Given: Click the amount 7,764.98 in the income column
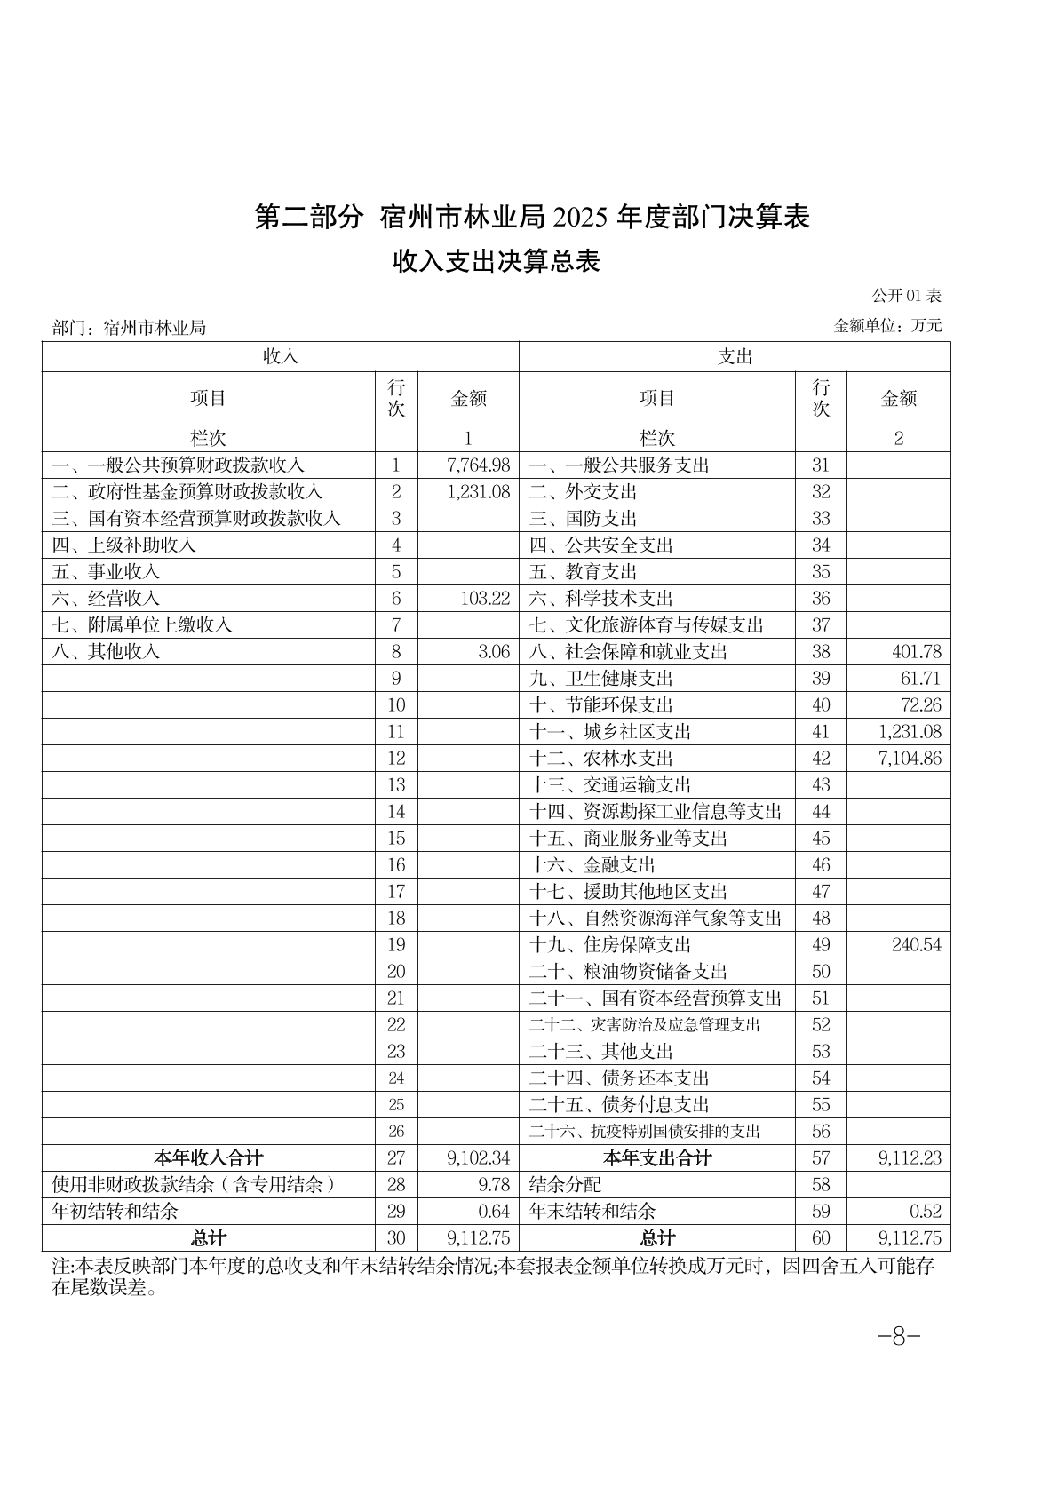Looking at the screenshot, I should pyautogui.click(x=478, y=465).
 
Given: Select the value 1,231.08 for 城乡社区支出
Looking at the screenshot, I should pyautogui.click(x=907, y=732).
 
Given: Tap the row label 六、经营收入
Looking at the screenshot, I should pyautogui.click(x=106, y=599).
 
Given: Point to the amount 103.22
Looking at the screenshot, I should pyautogui.click(x=485, y=599).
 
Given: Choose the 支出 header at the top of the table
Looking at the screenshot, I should pyautogui.click(x=735, y=356).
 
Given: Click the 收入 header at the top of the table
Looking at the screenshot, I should pyautogui.click(x=280, y=356).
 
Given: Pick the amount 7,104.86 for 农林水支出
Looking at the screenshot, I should pyautogui.click(x=907, y=759).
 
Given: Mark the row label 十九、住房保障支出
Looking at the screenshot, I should pyautogui.click(x=610, y=945).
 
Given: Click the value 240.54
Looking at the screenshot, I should pyautogui.click(x=916, y=945).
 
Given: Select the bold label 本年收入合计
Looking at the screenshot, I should pyautogui.click(x=209, y=1158).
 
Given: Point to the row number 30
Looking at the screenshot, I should pyautogui.click(x=396, y=1238).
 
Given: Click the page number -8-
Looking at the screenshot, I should pyautogui.click(x=898, y=1336).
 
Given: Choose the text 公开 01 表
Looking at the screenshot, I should pyautogui.click(x=906, y=296).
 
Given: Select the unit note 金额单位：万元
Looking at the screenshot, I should pyautogui.click(x=888, y=326).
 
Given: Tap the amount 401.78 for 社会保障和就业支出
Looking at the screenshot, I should pyautogui.click(x=916, y=652).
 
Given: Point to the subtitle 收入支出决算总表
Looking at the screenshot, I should pyautogui.click(x=497, y=261).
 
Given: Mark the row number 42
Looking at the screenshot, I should pyautogui.click(x=821, y=759).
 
